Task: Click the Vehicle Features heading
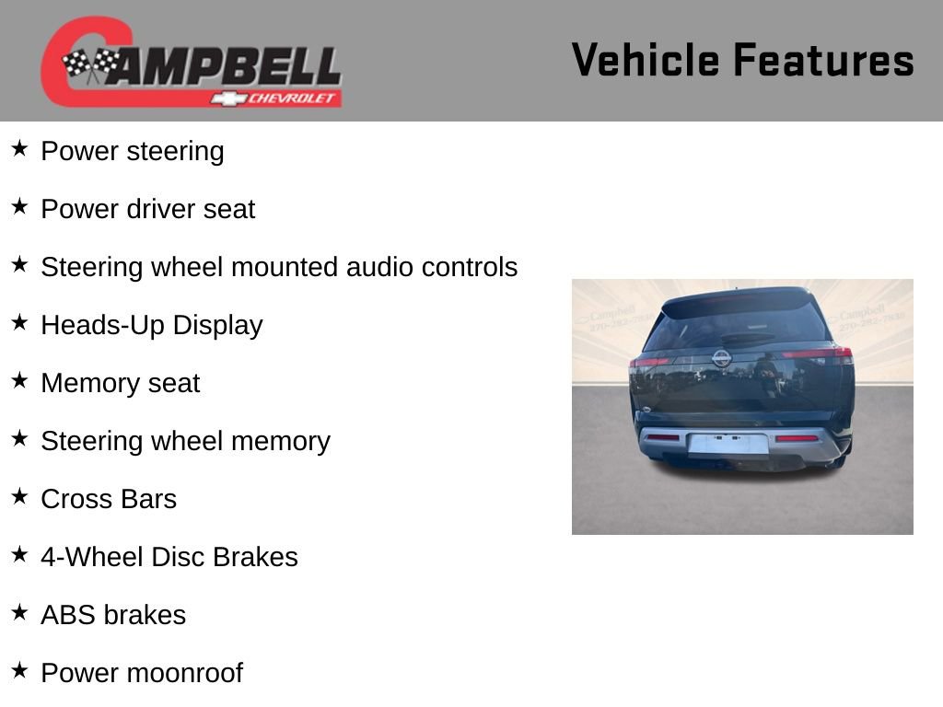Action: click(743, 60)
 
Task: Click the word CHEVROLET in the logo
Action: click(291, 98)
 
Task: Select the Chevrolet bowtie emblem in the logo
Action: click(228, 99)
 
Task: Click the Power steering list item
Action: click(133, 151)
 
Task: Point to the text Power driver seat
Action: click(148, 209)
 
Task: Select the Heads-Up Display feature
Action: click(152, 325)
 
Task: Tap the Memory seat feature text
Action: click(121, 383)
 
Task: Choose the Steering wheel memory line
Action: click(186, 441)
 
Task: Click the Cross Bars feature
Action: click(109, 499)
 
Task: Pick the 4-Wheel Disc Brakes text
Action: click(169, 557)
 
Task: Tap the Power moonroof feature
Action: click(142, 673)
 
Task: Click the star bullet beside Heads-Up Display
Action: click(19, 322)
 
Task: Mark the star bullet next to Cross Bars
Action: click(19, 496)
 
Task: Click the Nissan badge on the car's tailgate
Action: click(722, 358)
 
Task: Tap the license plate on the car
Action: click(728, 444)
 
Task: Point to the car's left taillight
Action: click(649, 362)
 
